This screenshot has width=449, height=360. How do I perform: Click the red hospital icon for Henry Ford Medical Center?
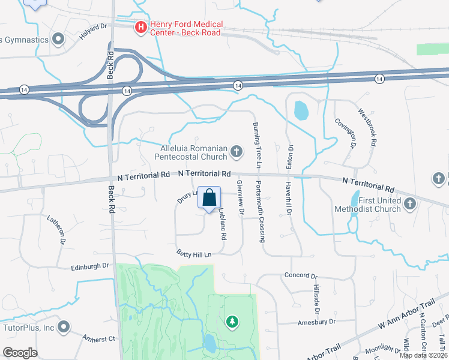pos(140,26)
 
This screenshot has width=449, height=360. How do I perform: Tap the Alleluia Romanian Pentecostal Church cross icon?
pos(237,151)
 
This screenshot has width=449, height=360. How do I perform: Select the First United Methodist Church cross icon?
pos(411,204)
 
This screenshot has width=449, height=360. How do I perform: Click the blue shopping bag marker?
pos(209,198)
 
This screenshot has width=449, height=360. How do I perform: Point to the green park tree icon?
pos(232,323)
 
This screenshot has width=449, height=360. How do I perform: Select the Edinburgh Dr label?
pos(90,265)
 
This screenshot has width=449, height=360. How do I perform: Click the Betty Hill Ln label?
pos(194,254)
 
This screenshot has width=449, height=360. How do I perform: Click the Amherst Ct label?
pos(98,338)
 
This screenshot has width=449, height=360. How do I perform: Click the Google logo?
pos(20,353)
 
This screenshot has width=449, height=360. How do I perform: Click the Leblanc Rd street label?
pos(221,224)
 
